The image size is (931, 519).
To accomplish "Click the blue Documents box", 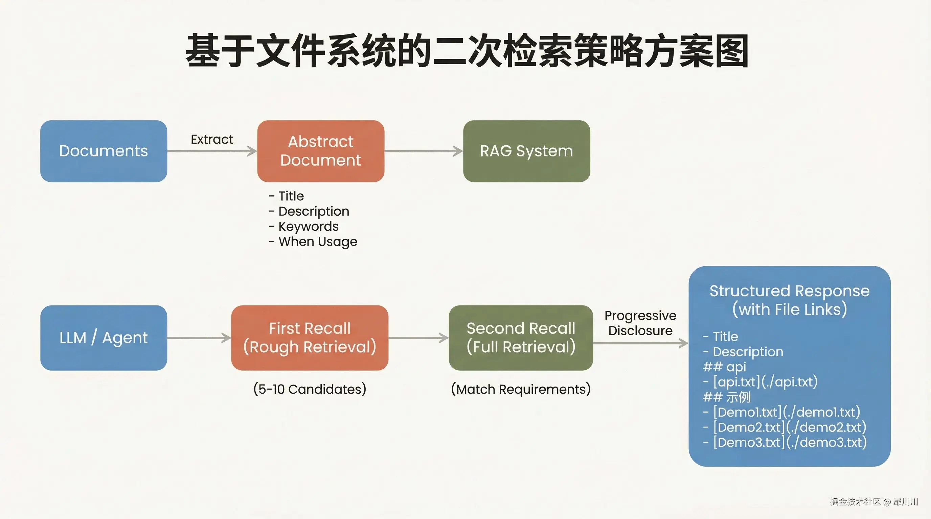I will (x=104, y=151).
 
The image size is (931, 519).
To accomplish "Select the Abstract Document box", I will (x=321, y=151).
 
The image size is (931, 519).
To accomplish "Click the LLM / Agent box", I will (x=104, y=338).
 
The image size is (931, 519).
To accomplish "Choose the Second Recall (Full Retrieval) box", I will (x=520, y=338).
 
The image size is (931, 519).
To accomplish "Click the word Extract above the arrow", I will (x=212, y=139).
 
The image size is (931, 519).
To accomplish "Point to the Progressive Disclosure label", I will (x=640, y=323).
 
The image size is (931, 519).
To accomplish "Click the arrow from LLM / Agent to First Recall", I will (x=199, y=338).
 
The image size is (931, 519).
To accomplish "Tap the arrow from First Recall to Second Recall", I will (x=418, y=338).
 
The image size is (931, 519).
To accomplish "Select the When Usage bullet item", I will (x=317, y=242).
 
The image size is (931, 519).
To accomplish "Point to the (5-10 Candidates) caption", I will (x=310, y=389).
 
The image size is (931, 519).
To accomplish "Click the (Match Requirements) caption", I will (x=521, y=389).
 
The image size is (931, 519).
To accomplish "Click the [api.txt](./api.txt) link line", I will (x=765, y=381).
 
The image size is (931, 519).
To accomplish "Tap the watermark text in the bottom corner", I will (x=873, y=501).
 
